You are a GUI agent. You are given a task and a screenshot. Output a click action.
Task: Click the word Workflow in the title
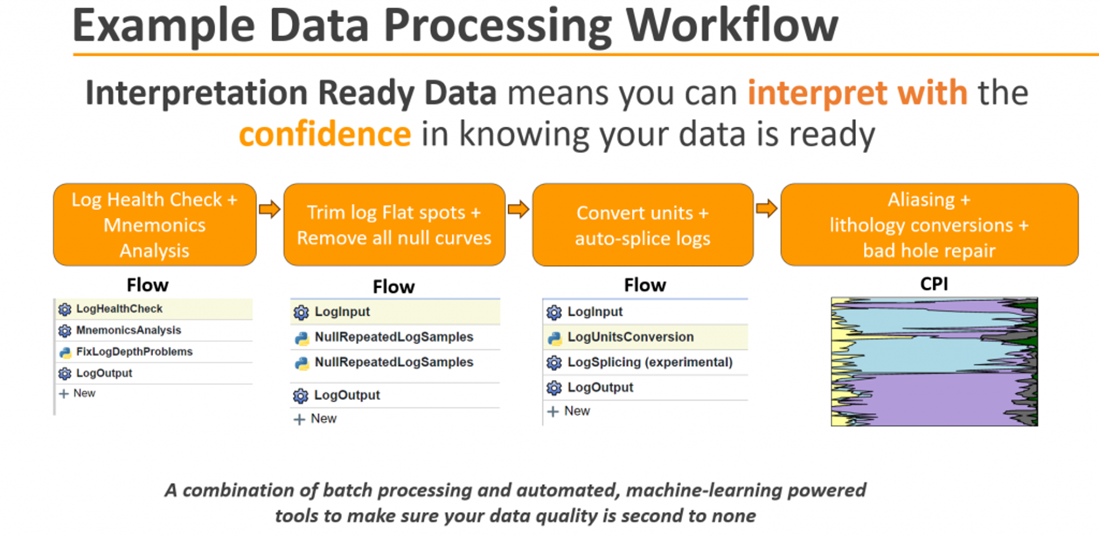coord(732,26)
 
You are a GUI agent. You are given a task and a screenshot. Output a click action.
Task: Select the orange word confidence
coord(325,134)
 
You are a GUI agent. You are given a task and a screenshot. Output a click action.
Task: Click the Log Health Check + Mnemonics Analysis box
coord(155,225)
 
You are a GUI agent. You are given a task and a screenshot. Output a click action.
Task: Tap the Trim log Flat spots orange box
coord(394,225)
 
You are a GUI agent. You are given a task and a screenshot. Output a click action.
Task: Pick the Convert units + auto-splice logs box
coord(642,225)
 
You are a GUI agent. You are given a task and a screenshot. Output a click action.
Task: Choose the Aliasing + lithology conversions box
coord(929,225)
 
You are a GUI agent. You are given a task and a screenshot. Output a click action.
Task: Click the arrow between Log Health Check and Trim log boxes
coord(269,209)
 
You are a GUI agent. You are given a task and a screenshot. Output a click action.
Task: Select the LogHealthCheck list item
coord(119,309)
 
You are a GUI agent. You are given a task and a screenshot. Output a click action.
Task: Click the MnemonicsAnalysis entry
coord(128,330)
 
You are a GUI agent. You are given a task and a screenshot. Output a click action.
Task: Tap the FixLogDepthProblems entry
coord(134,352)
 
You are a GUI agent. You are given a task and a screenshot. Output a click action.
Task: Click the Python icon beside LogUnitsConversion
coord(554,338)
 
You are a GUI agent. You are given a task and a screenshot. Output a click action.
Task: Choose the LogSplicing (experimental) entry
coord(650,362)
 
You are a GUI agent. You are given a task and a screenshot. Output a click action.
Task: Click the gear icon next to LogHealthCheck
coord(65,309)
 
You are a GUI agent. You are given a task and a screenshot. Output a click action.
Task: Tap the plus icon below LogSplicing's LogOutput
coord(553,412)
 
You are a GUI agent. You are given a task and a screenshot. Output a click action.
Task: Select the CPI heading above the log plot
coord(934,284)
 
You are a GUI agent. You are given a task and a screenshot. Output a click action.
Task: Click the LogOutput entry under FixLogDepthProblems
coord(104,373)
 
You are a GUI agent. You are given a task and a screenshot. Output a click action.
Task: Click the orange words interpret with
coord(858,93)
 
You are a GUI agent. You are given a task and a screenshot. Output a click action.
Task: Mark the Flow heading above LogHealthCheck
coord(148,285)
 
